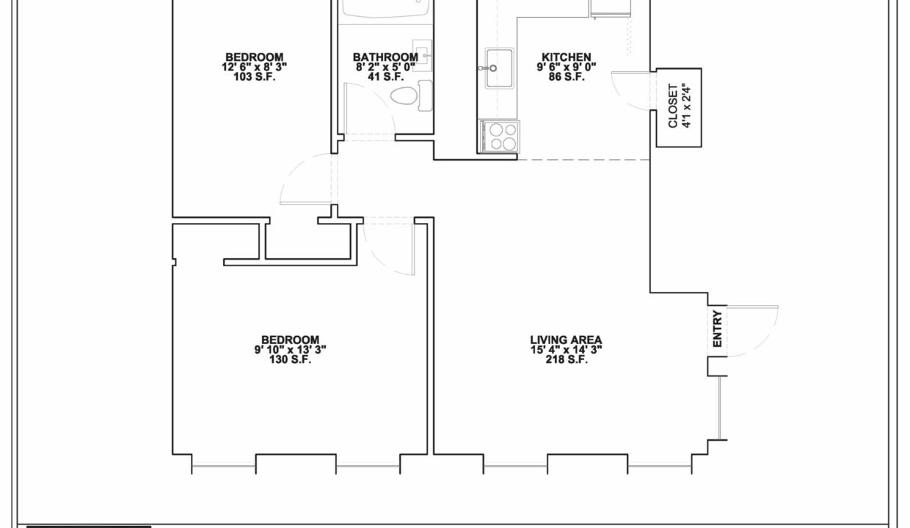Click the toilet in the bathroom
(411, 96)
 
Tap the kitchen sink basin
(499, 67)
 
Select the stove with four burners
(499, 137)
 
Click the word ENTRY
(718, 329)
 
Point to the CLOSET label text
(673, 106)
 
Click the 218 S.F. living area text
(567, 359)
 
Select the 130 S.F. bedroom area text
(290, 359)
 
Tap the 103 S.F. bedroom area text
(255, 77)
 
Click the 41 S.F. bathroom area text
(385, 77)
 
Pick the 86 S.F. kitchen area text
(567, 77)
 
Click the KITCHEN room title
(567, 57)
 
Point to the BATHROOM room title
(385, 57)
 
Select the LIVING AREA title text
(567, 340)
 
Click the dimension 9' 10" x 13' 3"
(290, 349)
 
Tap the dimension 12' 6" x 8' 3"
(255, 67)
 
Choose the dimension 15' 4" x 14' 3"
(567, 349)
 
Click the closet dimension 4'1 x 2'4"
(687, 106)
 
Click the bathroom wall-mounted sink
(423, 56)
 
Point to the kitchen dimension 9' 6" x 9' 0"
(567, 67)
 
